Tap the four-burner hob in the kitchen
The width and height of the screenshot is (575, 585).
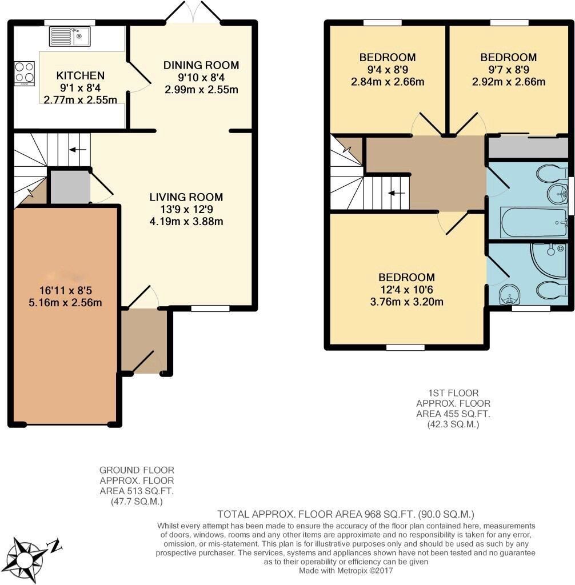tap(24, 73)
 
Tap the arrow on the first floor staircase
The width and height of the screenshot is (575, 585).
tap(396, 193)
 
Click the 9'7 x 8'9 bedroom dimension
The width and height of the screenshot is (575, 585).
tap(508, 70)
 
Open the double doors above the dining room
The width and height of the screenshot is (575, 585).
tap(194, 13)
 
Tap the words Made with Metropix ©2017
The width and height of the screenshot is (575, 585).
tap(346, 570)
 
